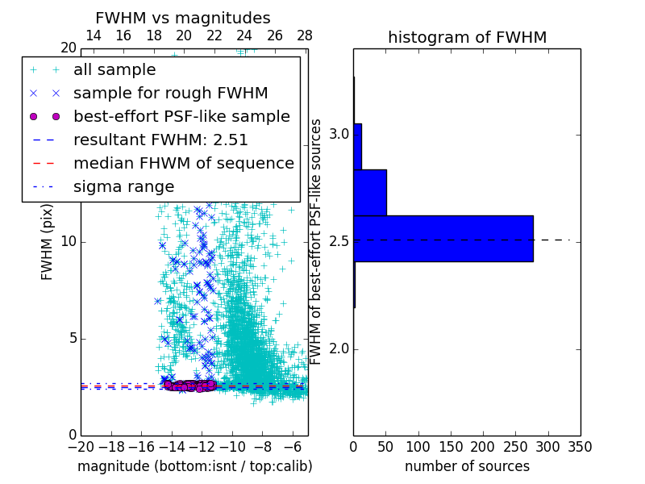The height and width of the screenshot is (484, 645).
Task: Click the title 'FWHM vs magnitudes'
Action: (182, 18)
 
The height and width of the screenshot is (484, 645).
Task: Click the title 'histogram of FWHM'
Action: (467, 37)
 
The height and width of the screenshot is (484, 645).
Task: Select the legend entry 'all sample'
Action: (114, 70)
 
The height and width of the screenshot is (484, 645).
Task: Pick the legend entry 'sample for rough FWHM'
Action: (170, 94)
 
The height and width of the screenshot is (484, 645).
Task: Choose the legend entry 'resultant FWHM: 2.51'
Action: (160, 140)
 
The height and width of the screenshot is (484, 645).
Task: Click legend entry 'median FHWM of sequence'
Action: (183, 163)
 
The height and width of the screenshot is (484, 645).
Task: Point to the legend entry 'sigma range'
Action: (123, 186)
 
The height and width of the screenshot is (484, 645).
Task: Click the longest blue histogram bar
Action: (443, 239)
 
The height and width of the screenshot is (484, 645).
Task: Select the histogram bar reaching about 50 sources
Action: (370, 193)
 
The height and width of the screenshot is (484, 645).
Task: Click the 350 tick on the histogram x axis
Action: (580, 446)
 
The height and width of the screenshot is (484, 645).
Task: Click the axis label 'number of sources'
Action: (467, 466)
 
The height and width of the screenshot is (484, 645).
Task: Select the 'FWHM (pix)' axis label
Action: (48, 242)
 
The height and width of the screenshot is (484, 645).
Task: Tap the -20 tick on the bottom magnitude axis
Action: (81, 446)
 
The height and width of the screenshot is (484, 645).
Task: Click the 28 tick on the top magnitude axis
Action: (305, 35)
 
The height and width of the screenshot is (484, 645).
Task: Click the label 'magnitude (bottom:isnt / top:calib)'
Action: (194, 466)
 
